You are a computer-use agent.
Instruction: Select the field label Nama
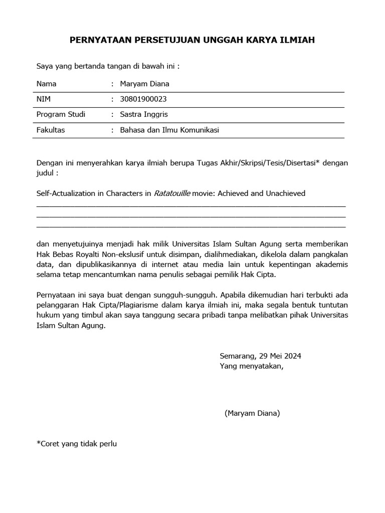[x=47, y=84]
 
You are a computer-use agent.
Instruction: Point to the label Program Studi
[x=61, y=114]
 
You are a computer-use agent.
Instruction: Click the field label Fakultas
[x=51, y=130]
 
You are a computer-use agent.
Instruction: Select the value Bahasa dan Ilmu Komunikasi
[x=169, y=130]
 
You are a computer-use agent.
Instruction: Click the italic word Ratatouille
[x=171, y=193]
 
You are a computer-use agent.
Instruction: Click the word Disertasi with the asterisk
[x=302, y=163]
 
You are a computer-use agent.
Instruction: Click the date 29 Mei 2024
[x=280, y=356]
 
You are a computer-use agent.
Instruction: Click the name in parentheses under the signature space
[x=252, y=413]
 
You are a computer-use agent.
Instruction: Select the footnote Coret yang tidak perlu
[x=76, y=443]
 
